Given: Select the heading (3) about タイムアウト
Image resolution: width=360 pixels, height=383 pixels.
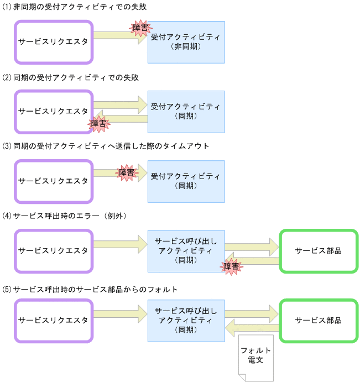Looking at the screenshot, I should (x=106, y=146).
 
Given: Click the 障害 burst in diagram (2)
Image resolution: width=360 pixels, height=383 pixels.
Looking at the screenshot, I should (x=98, y=123).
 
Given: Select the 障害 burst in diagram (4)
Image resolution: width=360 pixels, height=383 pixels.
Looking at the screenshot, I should (x=231, y=266).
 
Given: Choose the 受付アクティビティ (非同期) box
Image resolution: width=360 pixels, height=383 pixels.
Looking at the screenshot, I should (x=186, y=42).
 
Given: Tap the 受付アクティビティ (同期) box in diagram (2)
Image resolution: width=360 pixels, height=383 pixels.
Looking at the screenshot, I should (x=186, y=112).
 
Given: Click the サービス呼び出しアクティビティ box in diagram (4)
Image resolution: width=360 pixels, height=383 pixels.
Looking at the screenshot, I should (x=186, y=251).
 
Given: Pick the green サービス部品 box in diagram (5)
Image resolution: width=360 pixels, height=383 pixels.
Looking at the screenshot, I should (x=319, y=321).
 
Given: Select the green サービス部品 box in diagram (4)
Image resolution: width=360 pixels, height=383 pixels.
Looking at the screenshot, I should (x=319, y=251).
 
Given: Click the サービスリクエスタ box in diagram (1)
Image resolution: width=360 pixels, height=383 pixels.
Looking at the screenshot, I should (x=53, y=42).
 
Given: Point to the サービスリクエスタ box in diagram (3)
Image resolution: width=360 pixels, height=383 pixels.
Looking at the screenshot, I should (x=53, y=181).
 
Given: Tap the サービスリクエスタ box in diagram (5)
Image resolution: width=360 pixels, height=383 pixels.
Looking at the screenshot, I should (x=53, y=321).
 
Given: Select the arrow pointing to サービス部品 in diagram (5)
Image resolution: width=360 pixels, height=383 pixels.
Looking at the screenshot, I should (x=251, y=313).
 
